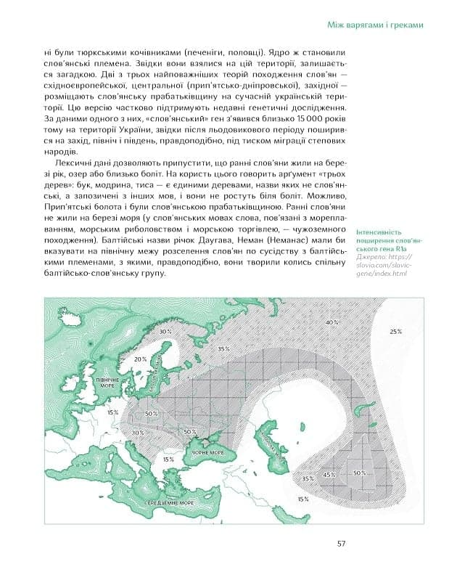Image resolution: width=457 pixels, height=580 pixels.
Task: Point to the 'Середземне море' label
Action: click(x=168, y=502)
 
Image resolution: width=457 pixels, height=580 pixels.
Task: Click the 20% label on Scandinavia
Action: click(x=140, y=359)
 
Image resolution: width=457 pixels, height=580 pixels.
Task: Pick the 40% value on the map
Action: click(x=332, y=322)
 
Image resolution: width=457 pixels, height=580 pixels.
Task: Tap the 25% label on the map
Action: click(x=395, y=331)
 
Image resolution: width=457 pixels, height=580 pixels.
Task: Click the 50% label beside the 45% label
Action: click(x=359, y=473)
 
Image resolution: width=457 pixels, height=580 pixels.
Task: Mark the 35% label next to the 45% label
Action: click(x=308, y=478)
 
